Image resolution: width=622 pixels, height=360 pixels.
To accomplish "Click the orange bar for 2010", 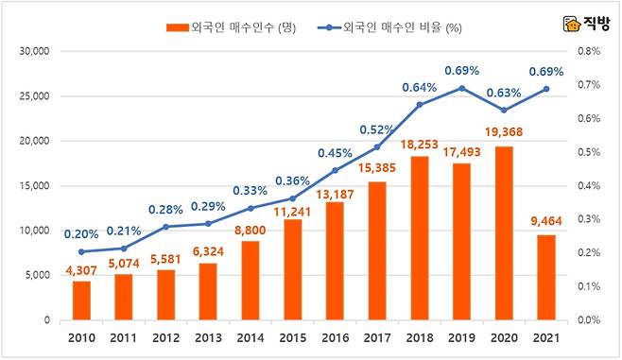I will [83, 300].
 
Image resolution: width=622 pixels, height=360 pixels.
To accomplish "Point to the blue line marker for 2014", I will [251, 209].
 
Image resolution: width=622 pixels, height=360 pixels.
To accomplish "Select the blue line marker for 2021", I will [545, 89].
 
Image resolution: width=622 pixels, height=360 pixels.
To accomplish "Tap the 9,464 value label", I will [545, 222].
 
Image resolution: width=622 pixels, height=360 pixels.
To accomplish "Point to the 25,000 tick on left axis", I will [35, 95].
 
